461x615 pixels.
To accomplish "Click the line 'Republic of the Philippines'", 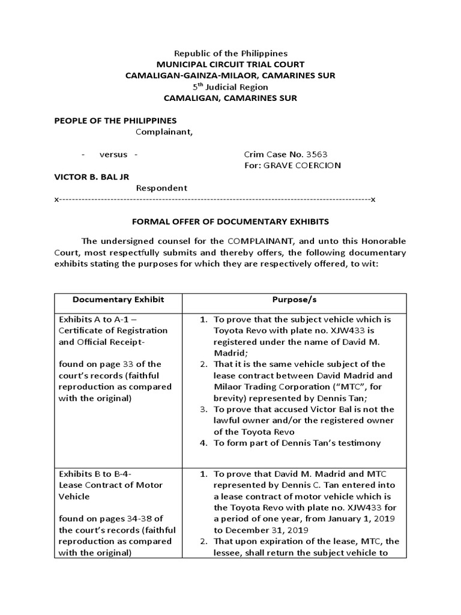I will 230,53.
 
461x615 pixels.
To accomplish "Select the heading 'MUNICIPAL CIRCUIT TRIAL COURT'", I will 230,64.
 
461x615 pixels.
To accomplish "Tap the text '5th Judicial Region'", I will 230,87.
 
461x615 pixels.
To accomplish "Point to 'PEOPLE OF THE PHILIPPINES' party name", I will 115,121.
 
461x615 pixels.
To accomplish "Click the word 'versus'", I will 113,154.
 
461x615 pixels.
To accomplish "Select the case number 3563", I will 316,154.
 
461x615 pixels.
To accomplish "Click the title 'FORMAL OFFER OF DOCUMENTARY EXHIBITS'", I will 230,222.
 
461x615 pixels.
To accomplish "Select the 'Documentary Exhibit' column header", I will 118,300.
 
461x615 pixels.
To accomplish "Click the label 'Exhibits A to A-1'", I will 95,319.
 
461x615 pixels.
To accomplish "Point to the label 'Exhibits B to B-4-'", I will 94,474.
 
